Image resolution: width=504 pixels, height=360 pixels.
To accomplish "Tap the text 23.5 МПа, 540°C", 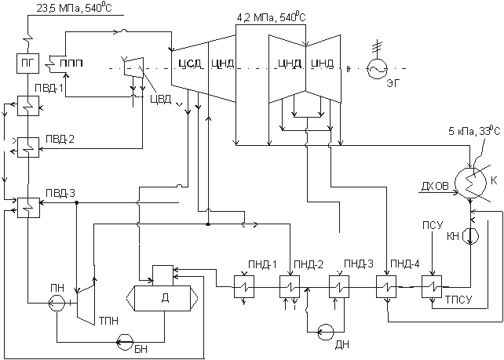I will pos(68,9).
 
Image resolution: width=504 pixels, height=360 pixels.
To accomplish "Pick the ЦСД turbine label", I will pos(186,63).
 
